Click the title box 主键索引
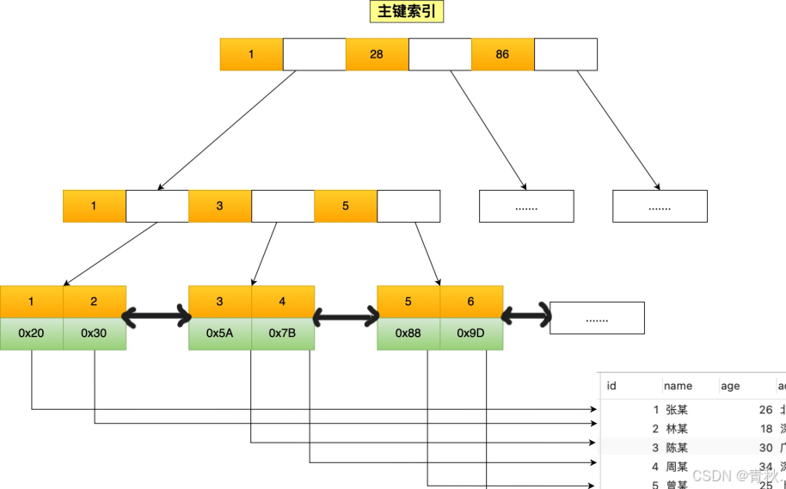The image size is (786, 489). (x=406, y=11)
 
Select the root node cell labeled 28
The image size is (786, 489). (x=377, y=54)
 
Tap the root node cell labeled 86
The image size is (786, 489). (x=502, y=54)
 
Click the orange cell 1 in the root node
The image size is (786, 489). (x=251, y=54)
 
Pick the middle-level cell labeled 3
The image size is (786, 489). (x=220, y=206)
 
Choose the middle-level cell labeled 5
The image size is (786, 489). (x=346, y=206)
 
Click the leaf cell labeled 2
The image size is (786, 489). (x=94, y=302)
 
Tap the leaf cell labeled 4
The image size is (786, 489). (x=282, y=302)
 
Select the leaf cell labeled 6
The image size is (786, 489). (x=470, y=302)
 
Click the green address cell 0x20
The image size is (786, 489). (x=31, y=333)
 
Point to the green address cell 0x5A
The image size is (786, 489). (x=220, y=333)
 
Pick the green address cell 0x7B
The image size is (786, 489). (x=282, y=333)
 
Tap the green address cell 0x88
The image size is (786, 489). (x=408, y=333)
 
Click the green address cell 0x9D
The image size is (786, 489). (x=470, y=333)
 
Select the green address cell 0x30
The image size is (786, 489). (x=94, y=333)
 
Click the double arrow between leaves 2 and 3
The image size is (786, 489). (x=157, y=317)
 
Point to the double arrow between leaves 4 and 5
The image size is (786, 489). (x=346, y=317)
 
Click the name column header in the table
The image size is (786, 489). (x=678, y=386)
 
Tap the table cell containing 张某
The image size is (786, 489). (x=677, y=410)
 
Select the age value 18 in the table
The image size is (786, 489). (x=765, y=429)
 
